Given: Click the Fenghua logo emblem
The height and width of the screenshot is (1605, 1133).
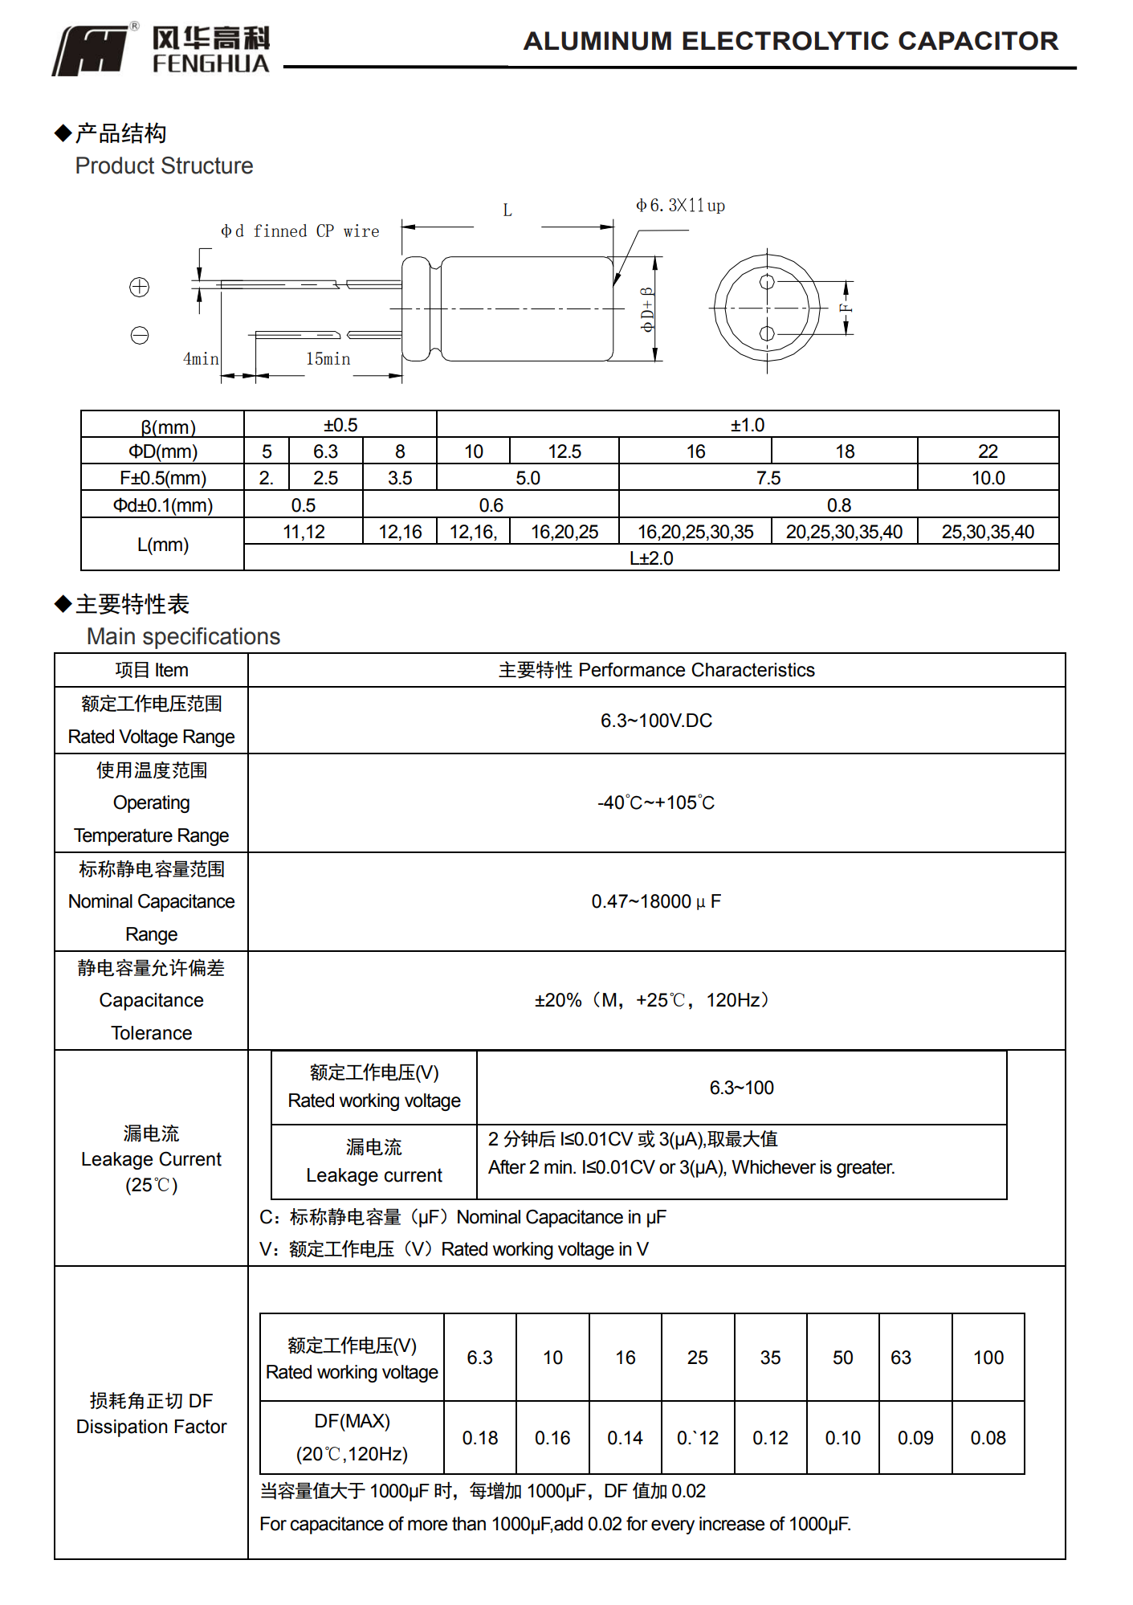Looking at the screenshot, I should (x=91, y=51).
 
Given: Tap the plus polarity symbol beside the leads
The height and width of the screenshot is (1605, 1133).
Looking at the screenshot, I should (x=140, y=287).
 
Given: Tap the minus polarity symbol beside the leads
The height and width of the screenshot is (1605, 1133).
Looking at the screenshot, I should (x=140, y=335).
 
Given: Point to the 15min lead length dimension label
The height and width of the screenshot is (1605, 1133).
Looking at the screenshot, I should (x=328, y=359).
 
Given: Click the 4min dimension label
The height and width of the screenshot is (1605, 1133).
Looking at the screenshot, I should (x=200, y=359).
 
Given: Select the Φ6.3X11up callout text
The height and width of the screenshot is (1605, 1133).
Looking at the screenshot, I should (x=680, y=206).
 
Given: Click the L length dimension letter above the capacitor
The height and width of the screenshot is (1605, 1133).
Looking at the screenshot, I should (x=507, y=210).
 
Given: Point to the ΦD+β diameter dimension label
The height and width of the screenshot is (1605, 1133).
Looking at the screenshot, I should (x=647, y=309).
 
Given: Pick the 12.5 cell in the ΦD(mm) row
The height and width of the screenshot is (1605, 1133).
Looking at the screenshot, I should (x=564, y=451).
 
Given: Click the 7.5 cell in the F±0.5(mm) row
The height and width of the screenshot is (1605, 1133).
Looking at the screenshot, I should (x=768, y=478).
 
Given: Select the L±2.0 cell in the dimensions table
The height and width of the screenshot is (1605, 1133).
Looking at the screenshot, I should (x=651, y=558).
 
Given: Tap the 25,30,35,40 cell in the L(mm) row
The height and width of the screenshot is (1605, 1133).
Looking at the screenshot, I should (x=988, y=532).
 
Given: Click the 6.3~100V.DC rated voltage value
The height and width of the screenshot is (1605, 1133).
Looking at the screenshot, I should (x=656, y=721).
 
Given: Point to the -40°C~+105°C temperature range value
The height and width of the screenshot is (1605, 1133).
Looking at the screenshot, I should (x=656, y=802).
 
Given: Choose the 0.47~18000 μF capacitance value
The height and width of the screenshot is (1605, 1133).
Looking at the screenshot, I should (x=656, y=901).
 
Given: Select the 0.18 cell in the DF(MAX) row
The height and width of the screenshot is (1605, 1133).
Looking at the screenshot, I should (x=480, y=1438).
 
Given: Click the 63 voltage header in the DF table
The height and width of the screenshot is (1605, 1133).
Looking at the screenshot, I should (x=901, y=1358).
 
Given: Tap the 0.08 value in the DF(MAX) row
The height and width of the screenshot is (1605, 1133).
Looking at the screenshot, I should (x=988, y=1438).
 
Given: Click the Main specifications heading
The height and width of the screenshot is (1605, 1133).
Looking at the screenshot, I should (x=183, y=636).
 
